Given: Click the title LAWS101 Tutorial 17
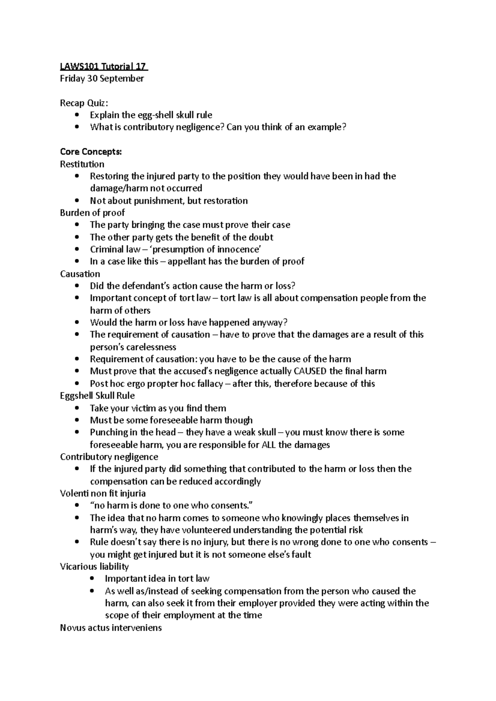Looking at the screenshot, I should point(104,66).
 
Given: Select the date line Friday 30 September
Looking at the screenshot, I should point(102,78).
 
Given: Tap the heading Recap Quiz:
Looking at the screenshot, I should point(84,103).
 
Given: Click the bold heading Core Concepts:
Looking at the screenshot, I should point(91,152).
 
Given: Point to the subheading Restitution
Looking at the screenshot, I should point(82,164).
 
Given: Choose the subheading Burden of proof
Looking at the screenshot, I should point(92,213).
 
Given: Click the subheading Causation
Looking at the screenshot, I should point(80,274).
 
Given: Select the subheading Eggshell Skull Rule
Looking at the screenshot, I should point(97,395).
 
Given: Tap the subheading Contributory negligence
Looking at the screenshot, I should point(109,457).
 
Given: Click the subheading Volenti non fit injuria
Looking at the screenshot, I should point(103,493).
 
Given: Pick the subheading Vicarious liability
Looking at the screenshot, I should point(94,566).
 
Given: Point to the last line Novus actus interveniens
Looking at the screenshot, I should point(111,628).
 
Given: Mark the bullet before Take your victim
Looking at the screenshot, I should point(77,408).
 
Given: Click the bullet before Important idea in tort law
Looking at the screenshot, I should point(92,579).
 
